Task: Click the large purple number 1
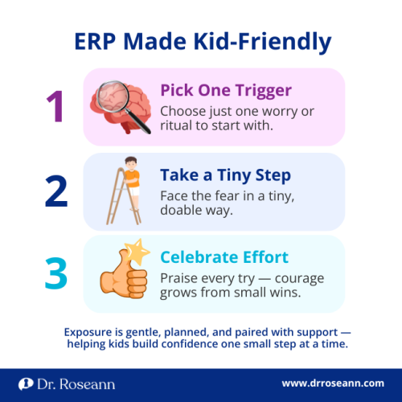pos(55,106)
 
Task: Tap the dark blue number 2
pos(55,192)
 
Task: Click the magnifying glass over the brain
pos(129,112)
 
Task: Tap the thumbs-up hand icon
pos(122,274)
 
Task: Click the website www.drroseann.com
pos(333,383)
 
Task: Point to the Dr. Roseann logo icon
pos(26,383)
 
